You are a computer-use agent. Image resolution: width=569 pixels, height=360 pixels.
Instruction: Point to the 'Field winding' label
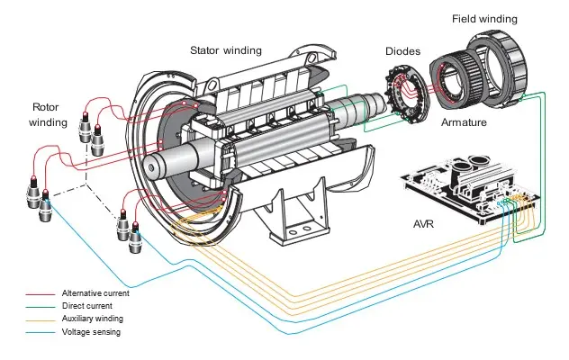pos(485,18)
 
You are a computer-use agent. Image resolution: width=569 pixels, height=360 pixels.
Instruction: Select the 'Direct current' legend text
pos(86,306)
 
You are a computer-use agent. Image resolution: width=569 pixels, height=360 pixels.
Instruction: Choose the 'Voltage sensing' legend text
pos(90,331)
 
